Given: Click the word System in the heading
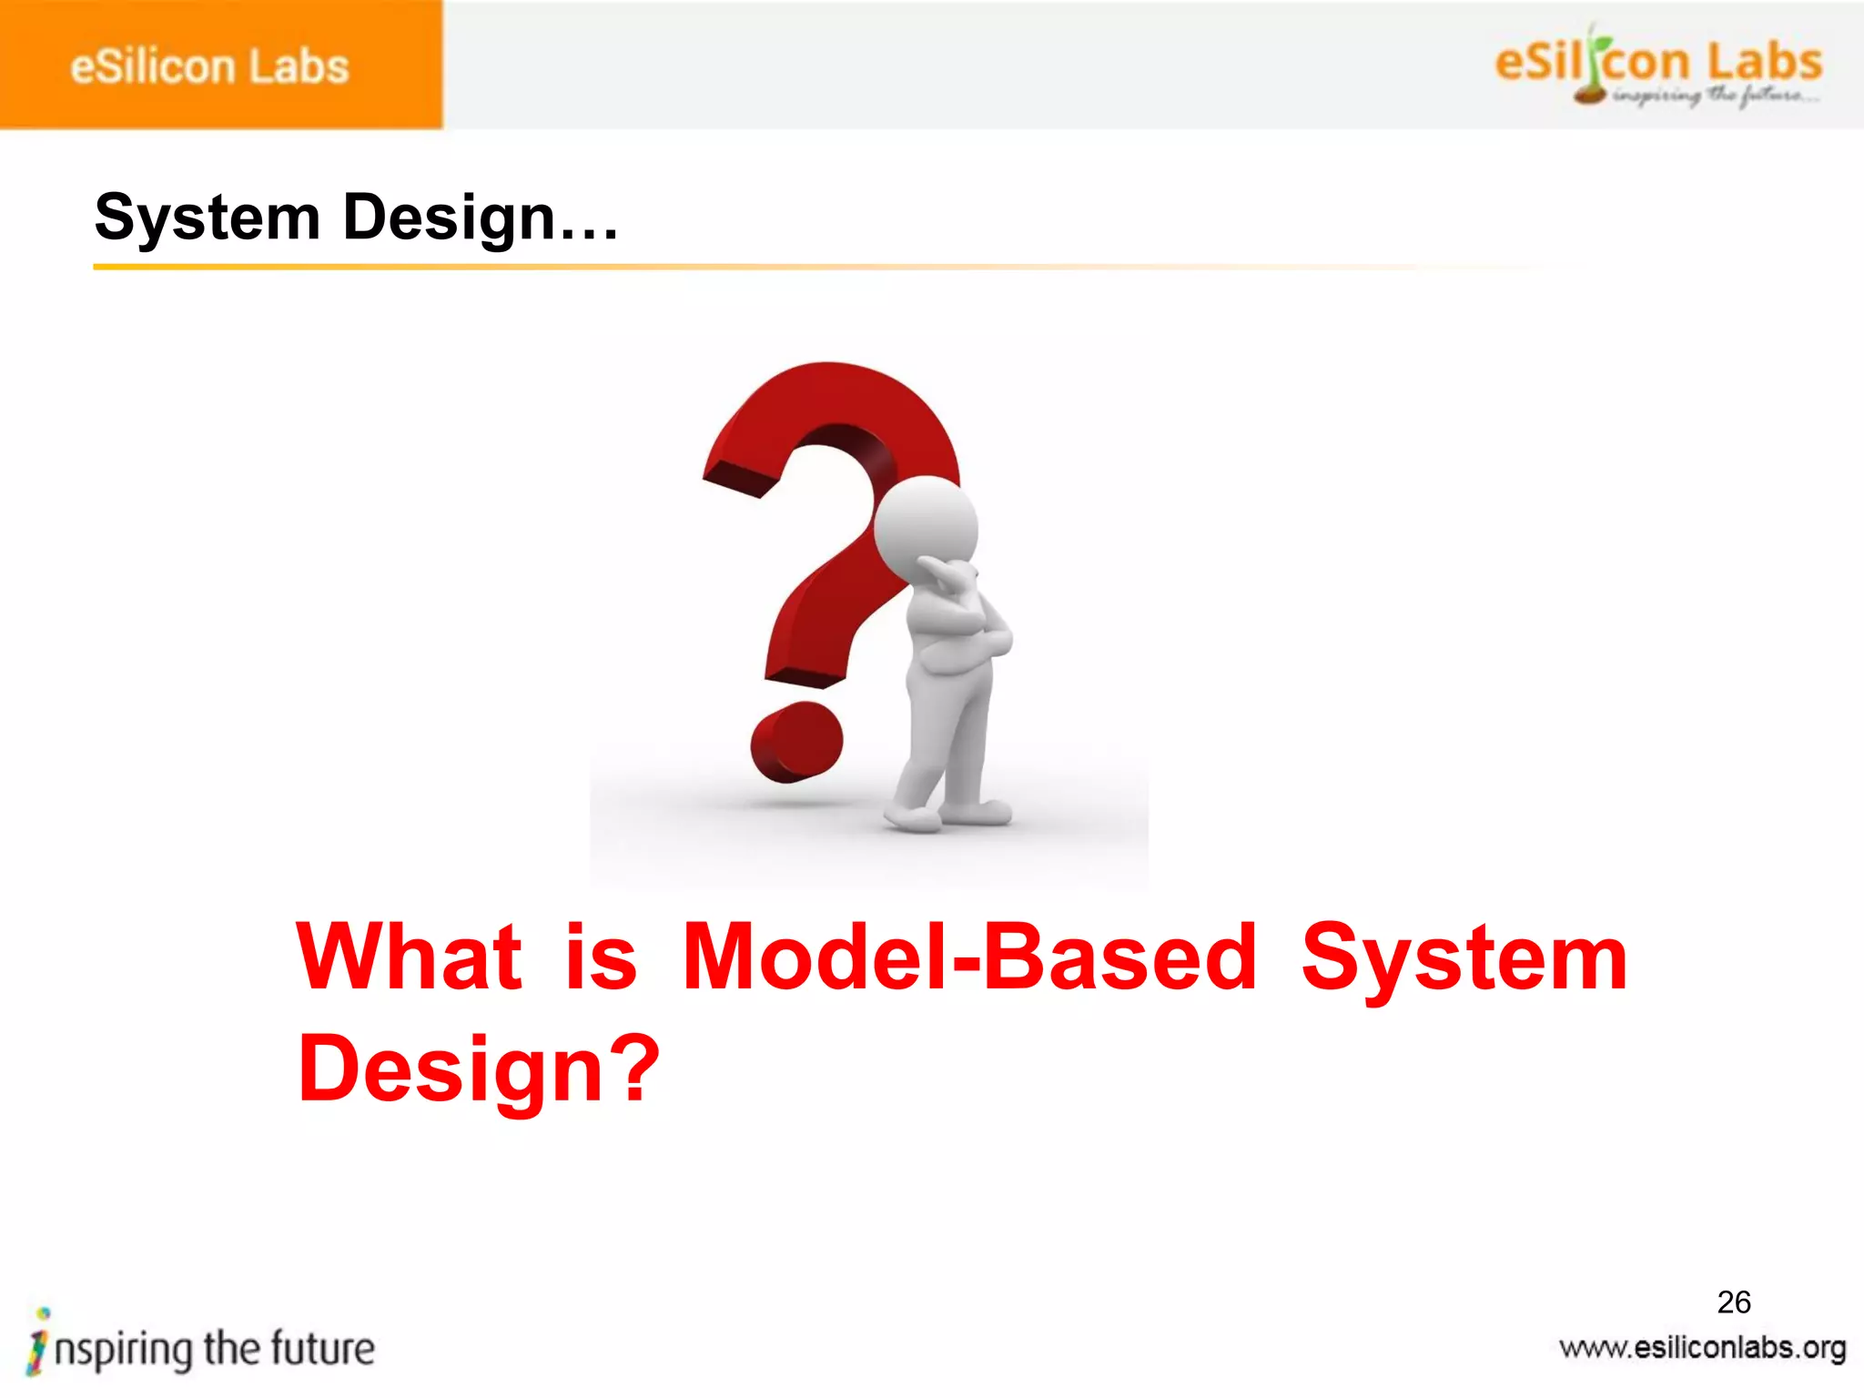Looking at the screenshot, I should coord(208,218).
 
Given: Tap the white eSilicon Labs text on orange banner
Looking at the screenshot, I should coord(209,67).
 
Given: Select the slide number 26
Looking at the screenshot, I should coord(1734,1302).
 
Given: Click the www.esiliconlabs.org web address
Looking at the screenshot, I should coord(1702,1348).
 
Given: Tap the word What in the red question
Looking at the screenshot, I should coord(410,957).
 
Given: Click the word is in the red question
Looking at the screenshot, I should coord(601,957).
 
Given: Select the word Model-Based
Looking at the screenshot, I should coord(969,957).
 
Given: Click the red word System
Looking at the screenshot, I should coord(1464,957).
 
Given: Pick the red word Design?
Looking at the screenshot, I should coord(478,1069).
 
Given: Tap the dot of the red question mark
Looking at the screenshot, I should coord(796,742).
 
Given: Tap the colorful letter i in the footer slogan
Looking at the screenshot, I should coord(38,1342).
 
